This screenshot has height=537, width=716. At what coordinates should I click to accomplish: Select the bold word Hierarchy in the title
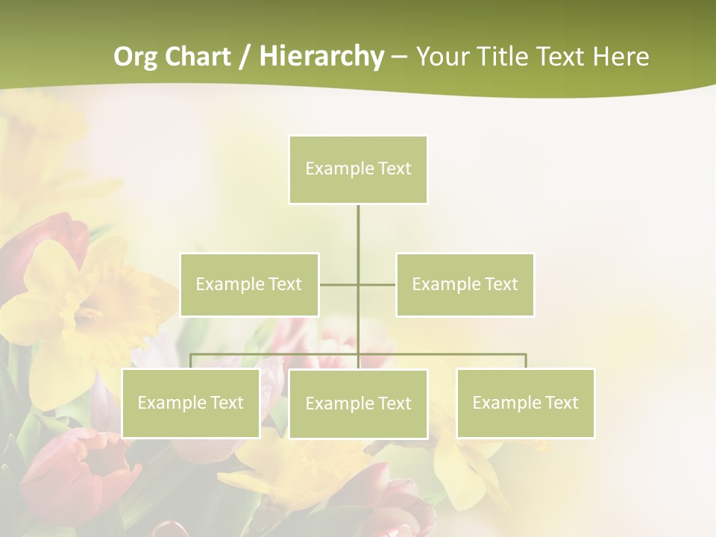point(321,57)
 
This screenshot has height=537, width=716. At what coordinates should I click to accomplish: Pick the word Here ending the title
point(621,57)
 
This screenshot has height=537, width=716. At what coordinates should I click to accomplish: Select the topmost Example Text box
point(358,169)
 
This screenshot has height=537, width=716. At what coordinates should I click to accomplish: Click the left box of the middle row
point(249,284)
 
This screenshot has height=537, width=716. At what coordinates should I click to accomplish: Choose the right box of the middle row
point(465,284)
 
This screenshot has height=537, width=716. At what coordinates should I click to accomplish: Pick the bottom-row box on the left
point(190,403)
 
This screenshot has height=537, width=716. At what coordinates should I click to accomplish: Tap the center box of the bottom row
point(358,403)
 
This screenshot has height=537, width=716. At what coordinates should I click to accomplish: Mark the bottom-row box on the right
point(525,403)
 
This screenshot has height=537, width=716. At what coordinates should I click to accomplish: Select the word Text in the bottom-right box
point(562,403)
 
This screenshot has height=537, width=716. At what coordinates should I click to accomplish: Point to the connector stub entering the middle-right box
point(377,284)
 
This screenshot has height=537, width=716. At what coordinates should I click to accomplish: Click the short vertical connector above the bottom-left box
point(190,361)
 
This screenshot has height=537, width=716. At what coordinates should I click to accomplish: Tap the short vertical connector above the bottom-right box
point(525,361)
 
